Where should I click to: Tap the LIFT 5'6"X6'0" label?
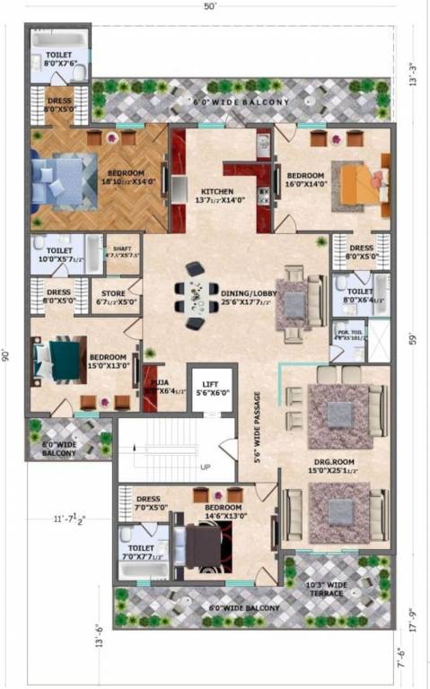tap(211, 388)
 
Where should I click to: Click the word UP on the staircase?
tap(205, 467)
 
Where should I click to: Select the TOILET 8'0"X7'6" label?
tap(58, 58)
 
